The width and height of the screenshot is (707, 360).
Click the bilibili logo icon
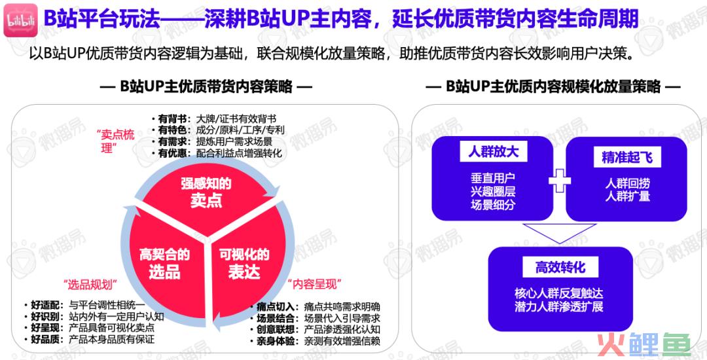(x=21, y=20)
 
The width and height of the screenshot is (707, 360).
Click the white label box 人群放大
(x=493, y=151)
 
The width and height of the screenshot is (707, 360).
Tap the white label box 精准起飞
(x=627, y=157)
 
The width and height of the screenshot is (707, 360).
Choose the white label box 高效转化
(x=560, y=267)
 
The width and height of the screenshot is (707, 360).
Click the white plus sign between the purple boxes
(x=560, y=180)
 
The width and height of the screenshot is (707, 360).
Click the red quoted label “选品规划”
(x=90, y=284)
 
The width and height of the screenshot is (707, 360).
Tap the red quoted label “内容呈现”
(x=314, y=284)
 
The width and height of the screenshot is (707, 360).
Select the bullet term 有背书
(x=172, y=119)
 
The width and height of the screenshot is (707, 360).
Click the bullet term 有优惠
(x=172, y=153)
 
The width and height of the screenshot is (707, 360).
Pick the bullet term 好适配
(x=45, y=305)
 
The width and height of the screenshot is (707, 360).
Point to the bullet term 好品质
(x=45, y=339)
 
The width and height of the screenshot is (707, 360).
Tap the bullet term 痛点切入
(x=276, y=307)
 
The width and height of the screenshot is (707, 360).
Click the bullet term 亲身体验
(x=276, y=341)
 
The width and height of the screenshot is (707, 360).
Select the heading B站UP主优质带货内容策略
(x=206, y=86)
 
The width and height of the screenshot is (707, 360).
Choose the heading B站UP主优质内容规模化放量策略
(x=553, y=86)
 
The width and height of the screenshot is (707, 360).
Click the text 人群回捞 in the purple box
(x=628, y=183)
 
